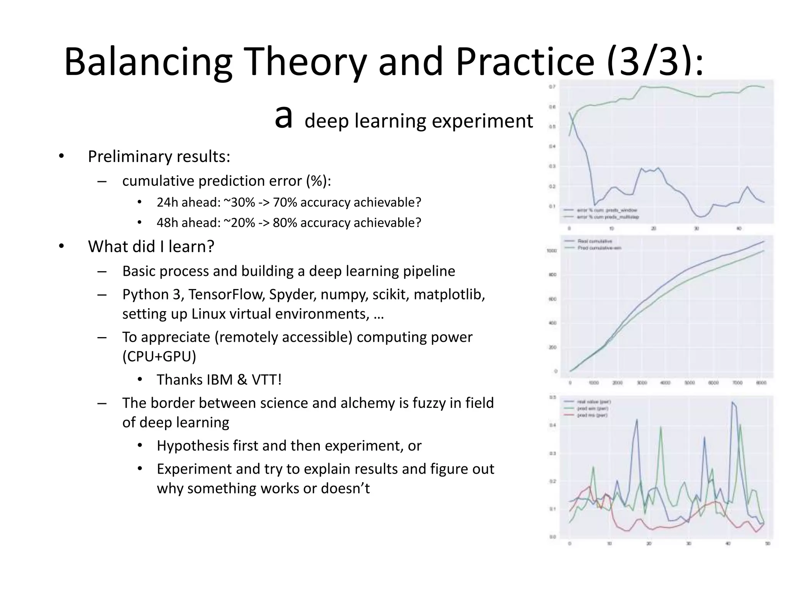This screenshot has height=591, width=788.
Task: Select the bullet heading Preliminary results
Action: (x=159, y=156)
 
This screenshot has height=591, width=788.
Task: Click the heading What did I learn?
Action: (x=151, y=246)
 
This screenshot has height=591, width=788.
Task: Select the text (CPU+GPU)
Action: (x=159, y=356)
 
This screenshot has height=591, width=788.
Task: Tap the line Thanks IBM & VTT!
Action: (x=219, y=379)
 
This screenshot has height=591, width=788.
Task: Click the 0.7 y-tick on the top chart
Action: (x=552, y=87)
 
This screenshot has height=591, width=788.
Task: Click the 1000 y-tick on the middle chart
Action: (x=552, y=251)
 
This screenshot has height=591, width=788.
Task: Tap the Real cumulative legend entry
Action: (x=594, y=241)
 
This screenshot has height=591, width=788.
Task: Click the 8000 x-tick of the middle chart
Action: (x=761, y=383)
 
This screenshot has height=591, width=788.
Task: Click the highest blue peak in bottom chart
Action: (x=732, y=402)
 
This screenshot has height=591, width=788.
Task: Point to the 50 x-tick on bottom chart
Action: (x=767, y=544)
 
